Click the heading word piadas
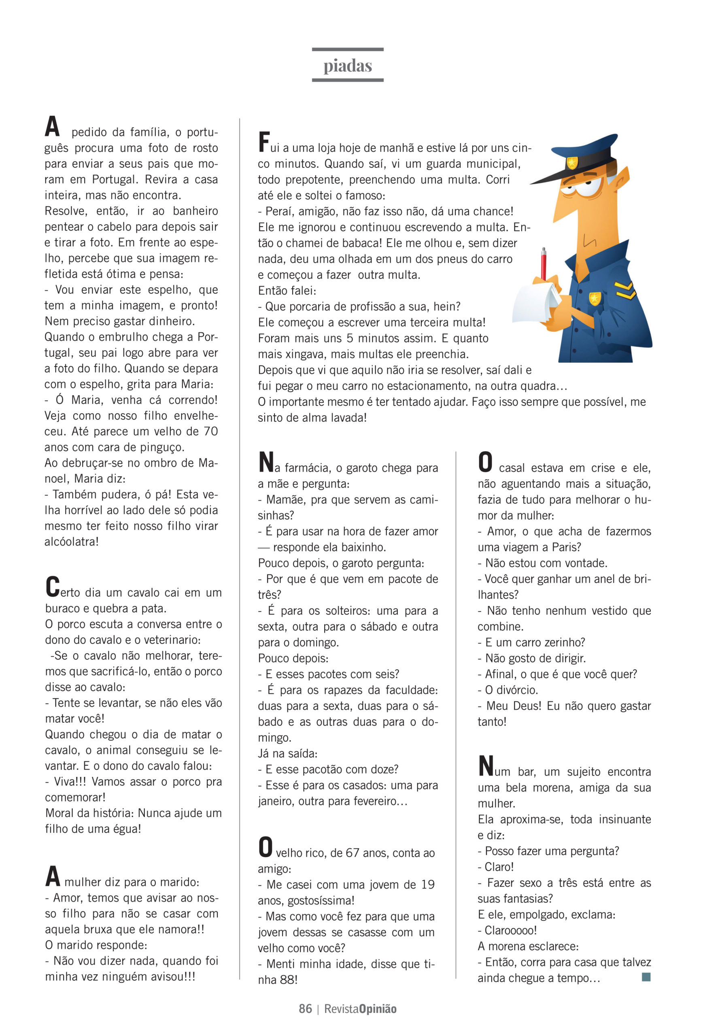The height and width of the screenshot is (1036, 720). [347, 66]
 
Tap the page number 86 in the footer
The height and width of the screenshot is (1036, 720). [305, 1008]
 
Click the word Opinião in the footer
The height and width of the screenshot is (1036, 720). [378, 1008]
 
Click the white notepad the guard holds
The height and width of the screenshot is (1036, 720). [536, 304]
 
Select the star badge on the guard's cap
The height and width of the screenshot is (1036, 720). [572, 161]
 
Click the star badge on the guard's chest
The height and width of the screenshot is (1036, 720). [595, 298]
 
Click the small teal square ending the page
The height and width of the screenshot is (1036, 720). [646, 977]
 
